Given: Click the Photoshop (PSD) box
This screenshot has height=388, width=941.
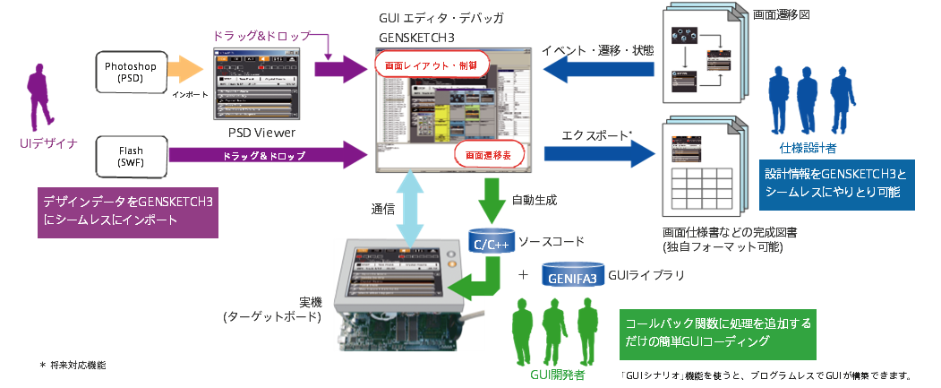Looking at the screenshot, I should click(130, 71).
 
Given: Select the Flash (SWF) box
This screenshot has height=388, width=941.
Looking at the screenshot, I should click(130, 156).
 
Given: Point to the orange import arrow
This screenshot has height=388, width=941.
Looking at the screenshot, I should click(186, 71).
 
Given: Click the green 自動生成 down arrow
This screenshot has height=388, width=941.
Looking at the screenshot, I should click(492, 200).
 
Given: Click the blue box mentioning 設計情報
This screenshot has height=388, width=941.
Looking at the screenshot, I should click(837, 185).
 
